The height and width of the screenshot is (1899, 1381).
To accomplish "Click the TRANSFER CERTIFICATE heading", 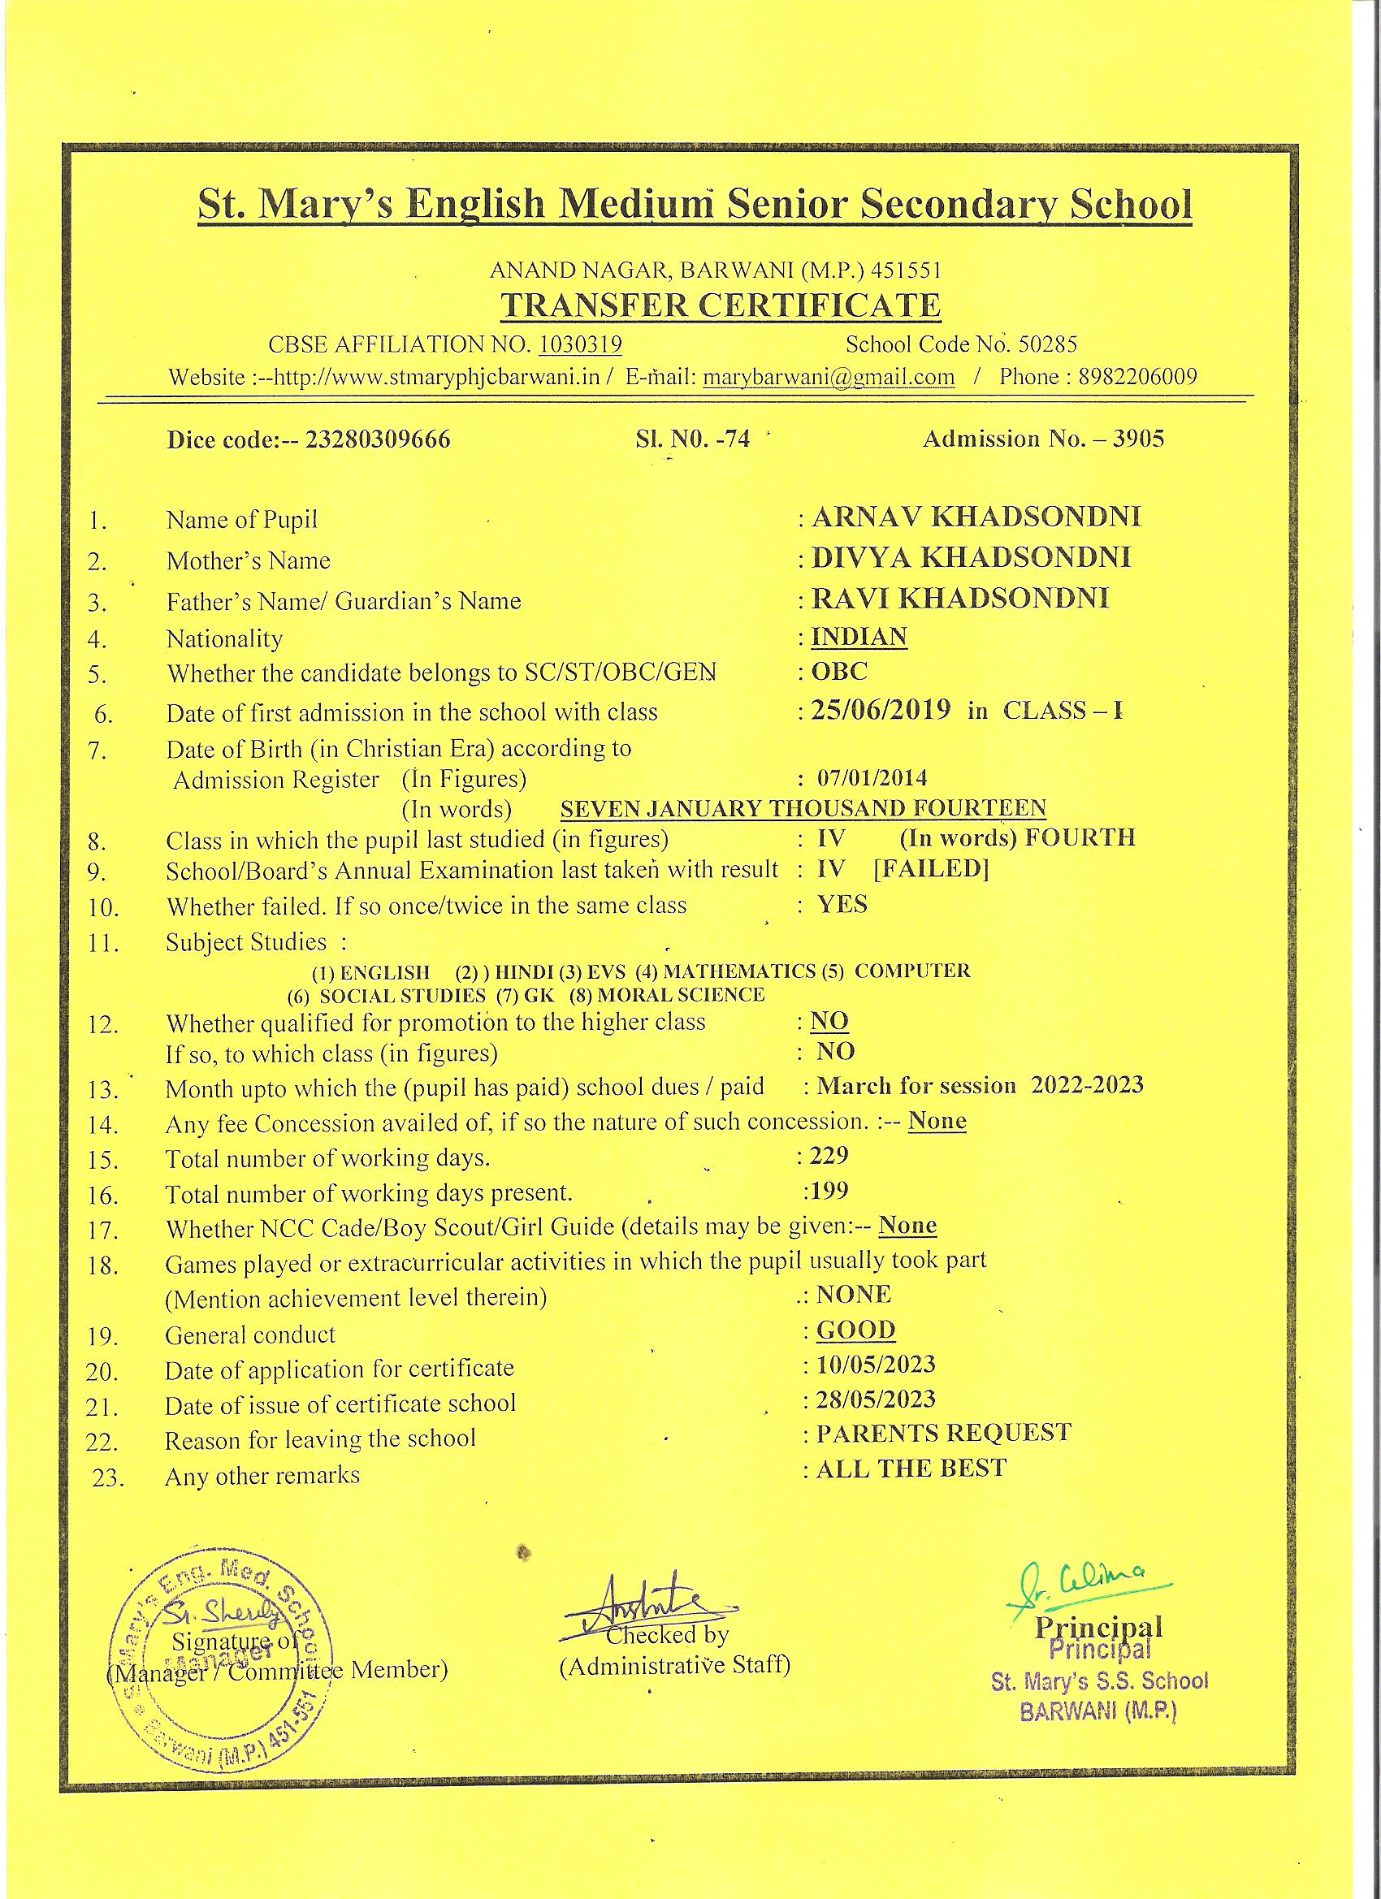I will coord(721,305).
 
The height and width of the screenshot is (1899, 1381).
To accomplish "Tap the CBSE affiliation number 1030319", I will coord(580,344).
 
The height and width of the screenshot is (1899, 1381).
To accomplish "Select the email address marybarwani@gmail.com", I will coord(829,377).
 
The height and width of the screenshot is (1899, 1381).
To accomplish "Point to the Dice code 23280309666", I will coord(379,439).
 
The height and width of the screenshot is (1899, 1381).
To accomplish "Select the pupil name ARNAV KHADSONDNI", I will coord(976,517).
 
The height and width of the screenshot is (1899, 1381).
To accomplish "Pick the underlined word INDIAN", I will coord(859,636).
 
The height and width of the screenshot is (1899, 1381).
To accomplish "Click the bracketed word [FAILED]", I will coord(930,868).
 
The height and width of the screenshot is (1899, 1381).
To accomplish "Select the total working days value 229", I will coord(829,1156).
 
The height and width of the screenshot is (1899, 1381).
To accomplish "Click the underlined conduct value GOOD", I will coord(856,1330).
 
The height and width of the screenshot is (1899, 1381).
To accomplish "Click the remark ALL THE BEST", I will coord(911,1468).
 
